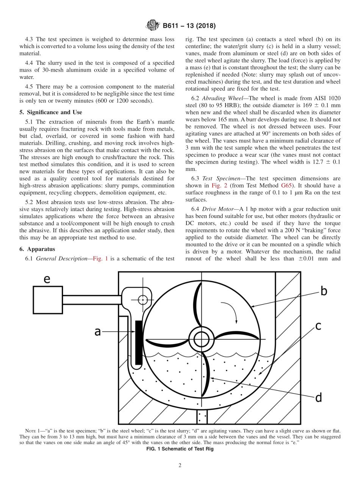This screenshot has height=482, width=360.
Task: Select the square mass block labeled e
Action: click(48, 300)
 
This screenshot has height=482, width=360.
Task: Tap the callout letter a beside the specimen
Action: click(97, 332)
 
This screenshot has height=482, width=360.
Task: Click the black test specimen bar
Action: click(139, 341)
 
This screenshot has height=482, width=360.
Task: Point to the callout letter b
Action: click(324, 291)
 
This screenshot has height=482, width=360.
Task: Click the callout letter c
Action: click(318, 326)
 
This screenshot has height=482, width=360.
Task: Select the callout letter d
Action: click(318, 397)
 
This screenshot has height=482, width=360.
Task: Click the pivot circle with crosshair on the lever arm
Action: click(143, 300)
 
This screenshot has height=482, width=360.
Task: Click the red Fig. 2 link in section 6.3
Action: click(218, 185)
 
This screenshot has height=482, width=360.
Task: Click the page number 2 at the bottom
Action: click(180, 466)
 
